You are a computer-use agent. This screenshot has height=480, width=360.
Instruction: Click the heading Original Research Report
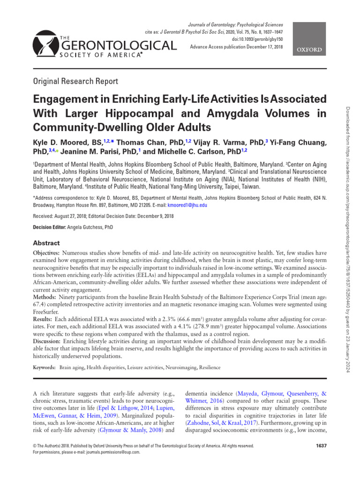tap(75, 81)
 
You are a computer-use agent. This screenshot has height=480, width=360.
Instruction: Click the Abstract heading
tap(46, 243)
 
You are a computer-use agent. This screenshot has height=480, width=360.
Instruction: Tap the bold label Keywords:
tap(45, 369)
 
